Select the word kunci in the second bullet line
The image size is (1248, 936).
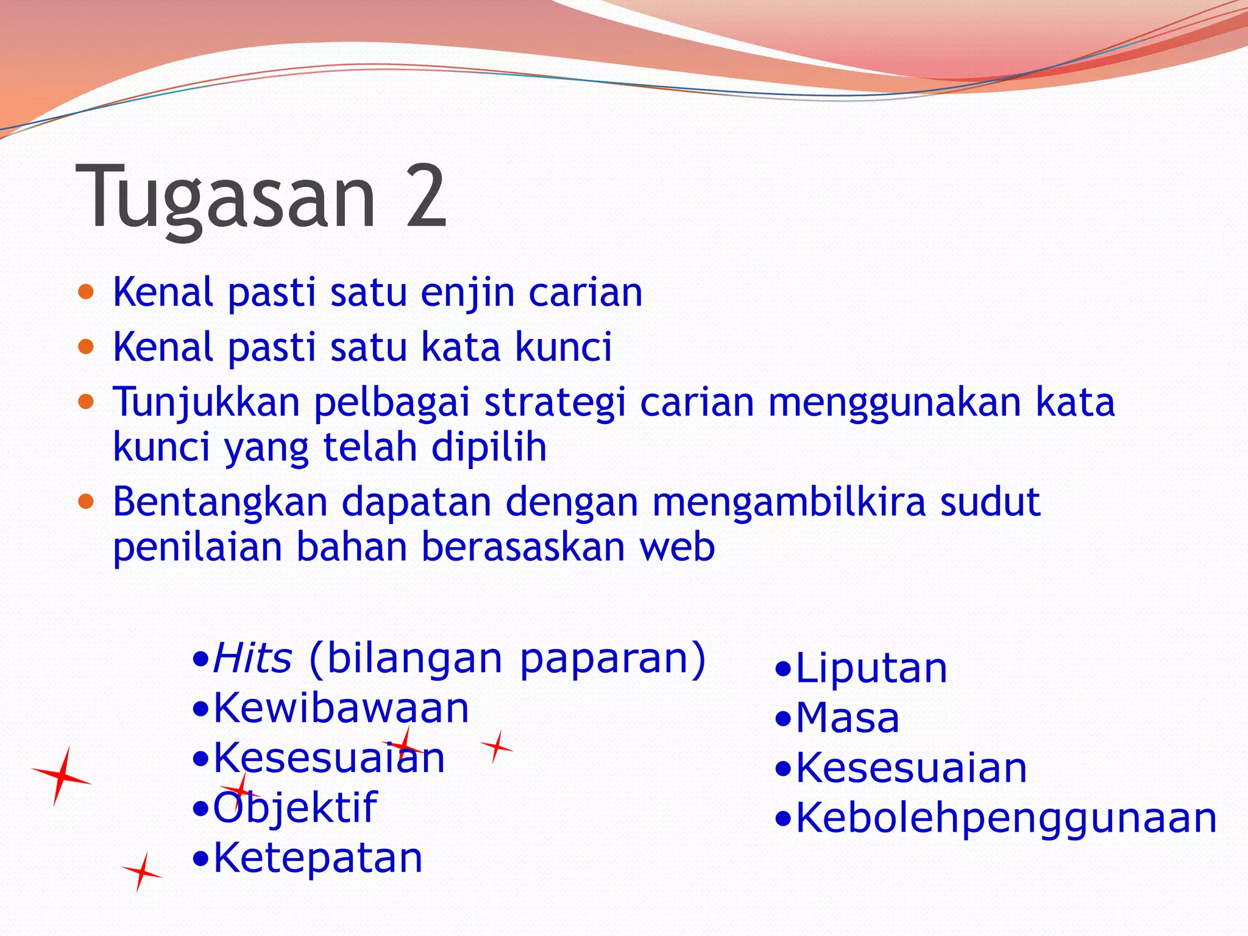(x=563, y=347)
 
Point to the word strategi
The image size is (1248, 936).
(x=555, y=403)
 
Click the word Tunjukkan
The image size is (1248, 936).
(x=207, y=403)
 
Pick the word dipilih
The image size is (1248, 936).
(x=489, y=447)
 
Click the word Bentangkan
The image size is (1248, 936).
(x=220, y=502)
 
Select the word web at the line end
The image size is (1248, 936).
(x=676, y=547)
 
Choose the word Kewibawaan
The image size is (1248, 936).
(x=341, y=709)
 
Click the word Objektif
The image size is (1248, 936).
(x=295, y=808)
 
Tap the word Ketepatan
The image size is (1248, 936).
(x=317, y=858)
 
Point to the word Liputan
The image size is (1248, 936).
(x=871, y=668)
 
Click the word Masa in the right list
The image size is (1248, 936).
(x=848, y=718)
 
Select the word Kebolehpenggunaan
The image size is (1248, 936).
(x=1006, y=818)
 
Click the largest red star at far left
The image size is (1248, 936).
(x=61, y=776)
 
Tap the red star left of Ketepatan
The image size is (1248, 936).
(x=142, y=873)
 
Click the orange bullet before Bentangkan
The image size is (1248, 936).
(x=87, y=502)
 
